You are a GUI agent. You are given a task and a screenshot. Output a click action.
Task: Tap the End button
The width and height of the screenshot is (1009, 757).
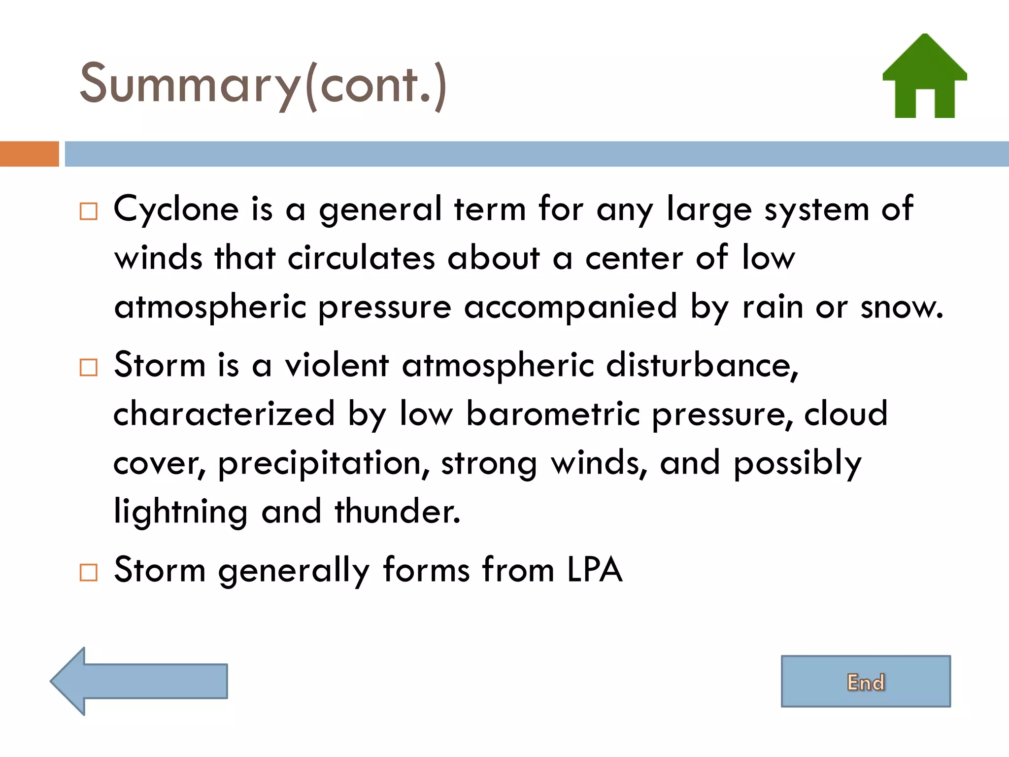(x=866, y=682)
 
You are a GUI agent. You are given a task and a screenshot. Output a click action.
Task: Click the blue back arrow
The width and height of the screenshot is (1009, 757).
(x=139, y=681)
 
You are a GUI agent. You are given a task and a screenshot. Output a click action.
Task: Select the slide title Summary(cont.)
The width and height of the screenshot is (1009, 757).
(x=263, y=84)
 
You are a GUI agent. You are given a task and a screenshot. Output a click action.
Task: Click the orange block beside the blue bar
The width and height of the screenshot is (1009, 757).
(x=29, y=154)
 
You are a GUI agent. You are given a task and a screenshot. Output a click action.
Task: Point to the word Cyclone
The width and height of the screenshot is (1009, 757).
(x=176, y=209)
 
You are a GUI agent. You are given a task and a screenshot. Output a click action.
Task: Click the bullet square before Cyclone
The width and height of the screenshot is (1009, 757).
(x=89, y=211)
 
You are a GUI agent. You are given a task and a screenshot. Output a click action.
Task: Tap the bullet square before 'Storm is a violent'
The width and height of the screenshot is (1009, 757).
(x=89, y=367)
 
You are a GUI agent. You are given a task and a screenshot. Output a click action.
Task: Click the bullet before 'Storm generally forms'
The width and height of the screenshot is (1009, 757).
(x=89, y=572)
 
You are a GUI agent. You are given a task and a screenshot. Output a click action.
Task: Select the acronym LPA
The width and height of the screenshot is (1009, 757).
(x=595, y=570)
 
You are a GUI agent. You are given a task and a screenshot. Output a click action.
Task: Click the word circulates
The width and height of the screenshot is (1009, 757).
(x=361, y=258)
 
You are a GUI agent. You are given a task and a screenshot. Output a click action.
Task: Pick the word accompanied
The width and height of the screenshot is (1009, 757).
(x=570, y=308)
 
